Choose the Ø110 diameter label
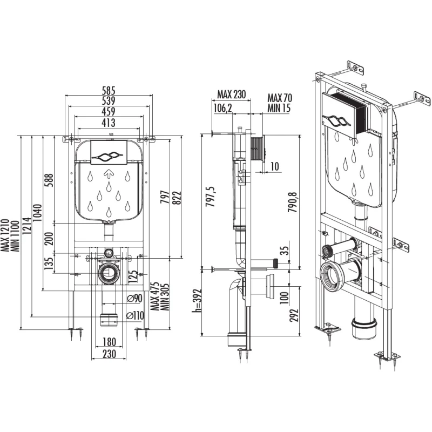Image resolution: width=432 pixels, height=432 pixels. click(x=134, y=315)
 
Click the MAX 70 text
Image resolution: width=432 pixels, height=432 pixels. click(x=279, y=98)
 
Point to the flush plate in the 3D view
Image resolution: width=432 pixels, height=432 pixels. click(x=344, y=114)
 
